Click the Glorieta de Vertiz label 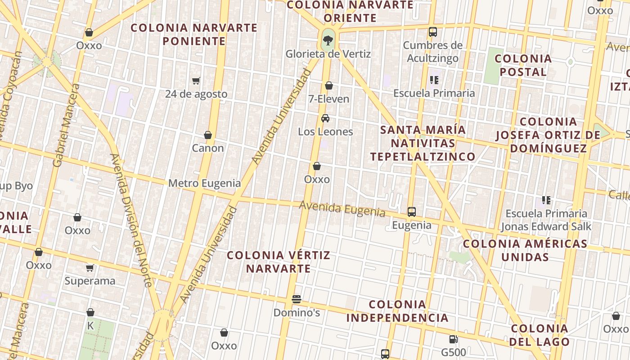tap(328, 54)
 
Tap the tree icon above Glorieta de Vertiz tap(328, 40)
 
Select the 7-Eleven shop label tap(329, 99)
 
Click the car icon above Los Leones tap(325, 118)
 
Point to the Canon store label tap(208, 148)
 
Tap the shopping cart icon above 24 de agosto tap(196, 81)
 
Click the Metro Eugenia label tap(204, 183)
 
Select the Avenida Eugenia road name tap(342, 209)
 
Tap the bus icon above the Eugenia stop tap(411, 211)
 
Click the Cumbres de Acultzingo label tap(432, 52)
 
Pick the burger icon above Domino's tap(296, 299)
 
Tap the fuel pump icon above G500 tap(453, 339)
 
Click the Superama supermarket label tap(90, 281)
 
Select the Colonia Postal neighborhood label tap(523, 65)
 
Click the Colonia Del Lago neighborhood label tap(540, 335)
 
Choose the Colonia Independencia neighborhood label tap(397, 311)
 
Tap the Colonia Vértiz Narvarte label tap(278, 262)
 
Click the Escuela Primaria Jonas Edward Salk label tap(546, 220)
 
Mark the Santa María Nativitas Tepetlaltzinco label tap(423, 143)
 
